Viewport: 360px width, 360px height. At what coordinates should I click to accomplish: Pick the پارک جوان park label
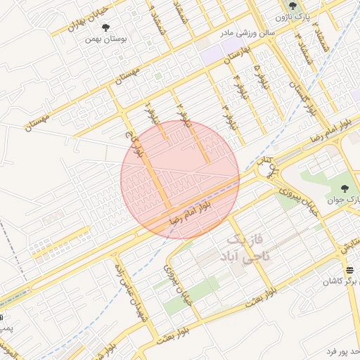[x=345, y=201]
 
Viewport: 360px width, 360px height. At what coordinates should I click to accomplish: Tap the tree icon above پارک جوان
[x=345, y=188]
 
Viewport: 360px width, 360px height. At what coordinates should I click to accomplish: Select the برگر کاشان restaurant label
[x=342, y=281]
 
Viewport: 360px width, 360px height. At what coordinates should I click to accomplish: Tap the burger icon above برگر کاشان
[x=349, y=271]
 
